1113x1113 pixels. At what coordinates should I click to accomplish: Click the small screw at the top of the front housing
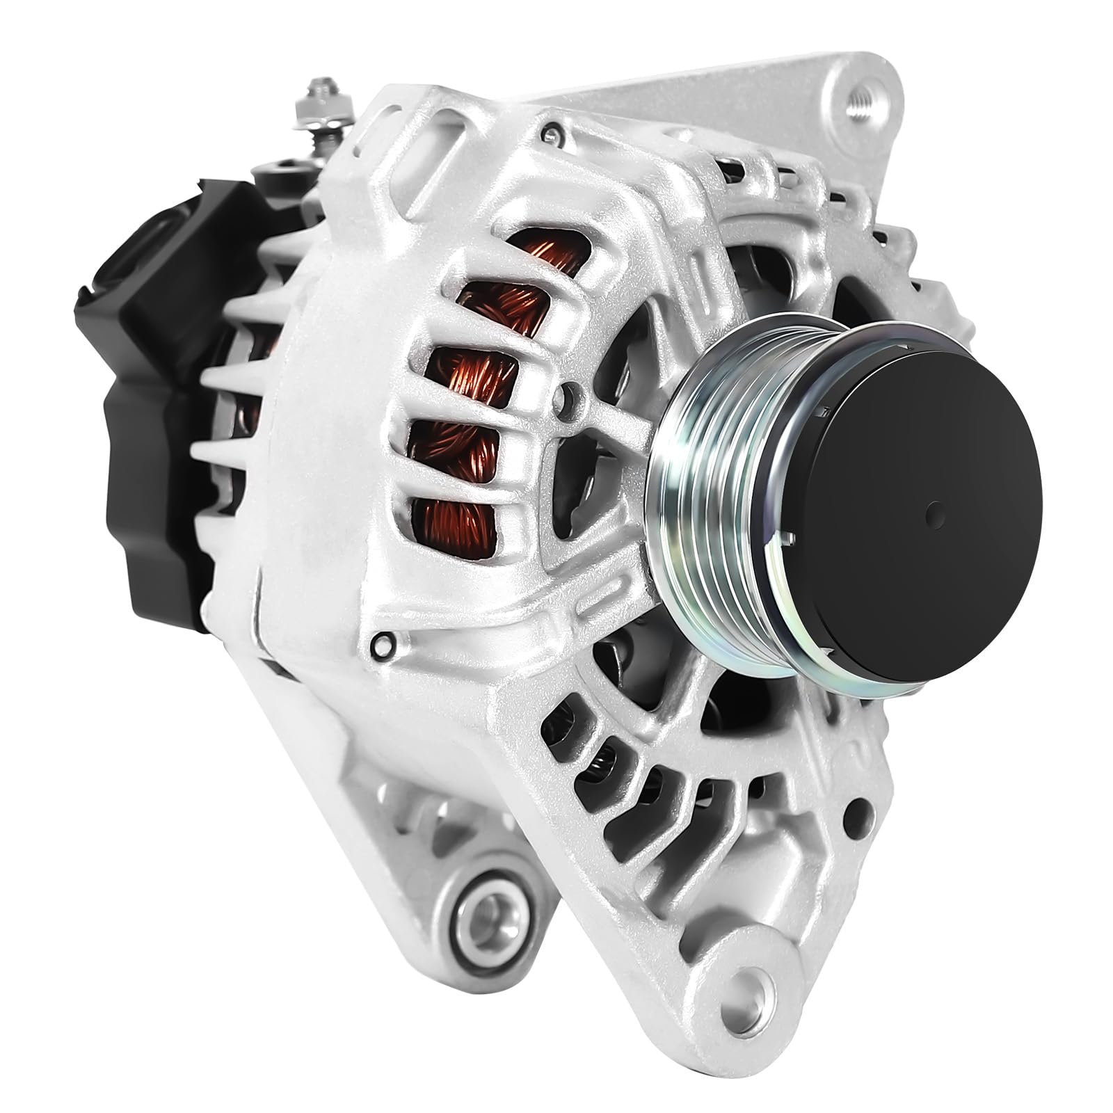[551, 131]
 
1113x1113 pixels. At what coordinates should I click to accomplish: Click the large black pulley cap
[925, 515]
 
